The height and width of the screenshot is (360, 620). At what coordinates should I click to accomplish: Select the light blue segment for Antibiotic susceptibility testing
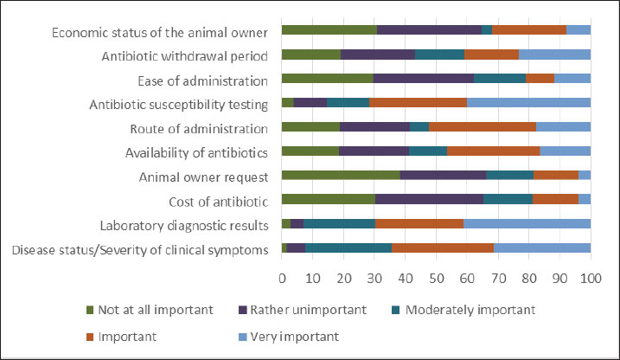pyautogui.click(x=528, y=103)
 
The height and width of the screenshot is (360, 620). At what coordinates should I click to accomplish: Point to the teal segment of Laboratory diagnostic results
pyautogui.click(x=339, y=223)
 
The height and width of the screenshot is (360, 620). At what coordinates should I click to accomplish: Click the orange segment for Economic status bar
pyautogui.click(x=529, y=30)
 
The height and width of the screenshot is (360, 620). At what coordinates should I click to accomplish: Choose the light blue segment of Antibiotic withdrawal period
pyautogui.click(x=554, y=55)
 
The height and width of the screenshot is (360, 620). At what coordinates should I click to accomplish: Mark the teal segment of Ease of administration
pyautogui.click(x=500, y=79)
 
